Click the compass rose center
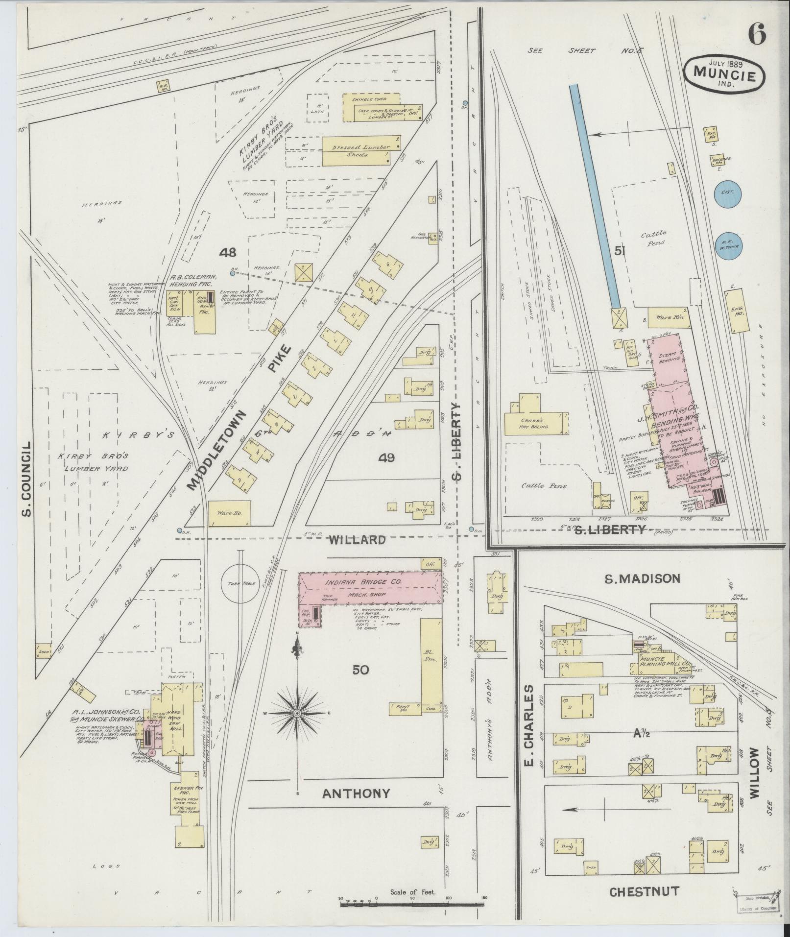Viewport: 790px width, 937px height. pyautogui.click(x=297, y=714)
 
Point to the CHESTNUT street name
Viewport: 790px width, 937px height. pyautogui.click(x=644, y=891)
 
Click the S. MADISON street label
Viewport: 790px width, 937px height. pyautogui.click(x=642, y=579)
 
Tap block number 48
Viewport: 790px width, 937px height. pyautogui.click(x=228, y=253)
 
